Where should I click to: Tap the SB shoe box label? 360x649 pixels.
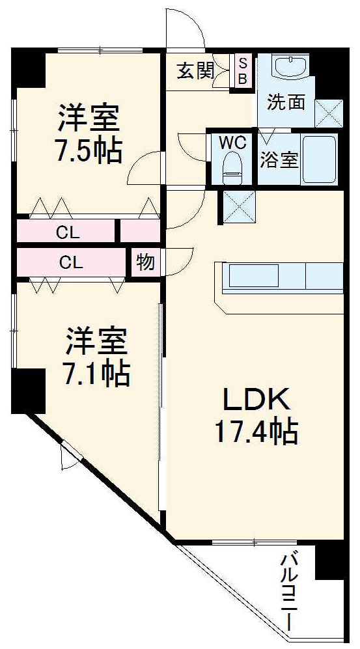[x=242, y=70]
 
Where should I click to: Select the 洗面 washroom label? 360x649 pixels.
[x=286, y=102]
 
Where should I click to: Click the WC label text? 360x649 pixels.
[x=232, y=142]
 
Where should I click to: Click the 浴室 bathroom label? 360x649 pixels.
[x=279, y=160]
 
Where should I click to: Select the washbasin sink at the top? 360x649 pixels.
[x=291, y=67]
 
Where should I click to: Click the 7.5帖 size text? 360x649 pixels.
[x=89, y=152]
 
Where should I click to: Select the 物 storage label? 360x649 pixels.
[x=145, y=262]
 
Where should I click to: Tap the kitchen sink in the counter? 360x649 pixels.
[x=251, y=277]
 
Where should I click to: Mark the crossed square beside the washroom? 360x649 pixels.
[x=328, y=113]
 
